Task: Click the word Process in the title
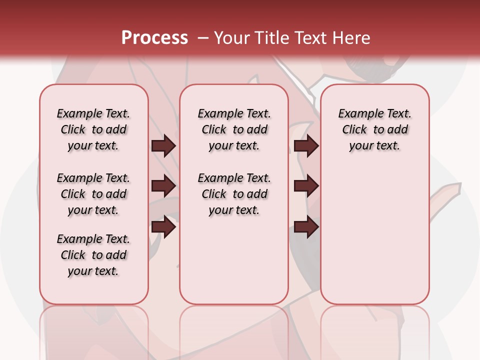[x=154, y=38]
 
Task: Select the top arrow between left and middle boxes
[x=163, y=146]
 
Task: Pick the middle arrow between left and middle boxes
[x=163, y=186]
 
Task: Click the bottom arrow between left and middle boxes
[x=163, y=227]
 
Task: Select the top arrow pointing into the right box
[x=306, y=146]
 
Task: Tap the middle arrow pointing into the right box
[x=306, y=186]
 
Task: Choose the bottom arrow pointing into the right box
[x=306, y=227]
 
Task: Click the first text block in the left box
[x=93, y=129]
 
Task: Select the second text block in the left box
[x=93, y=194]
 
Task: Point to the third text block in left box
[x=93, y=255]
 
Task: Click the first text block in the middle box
[x=234, y=129]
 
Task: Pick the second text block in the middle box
[x=234, y=194]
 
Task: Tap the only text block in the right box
[x=374, y=129]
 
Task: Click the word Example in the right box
[x=357, y=114]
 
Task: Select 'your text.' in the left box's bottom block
[x=93, y=271]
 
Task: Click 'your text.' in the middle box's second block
[x=234, y=210]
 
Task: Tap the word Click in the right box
[x=354, y=130]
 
